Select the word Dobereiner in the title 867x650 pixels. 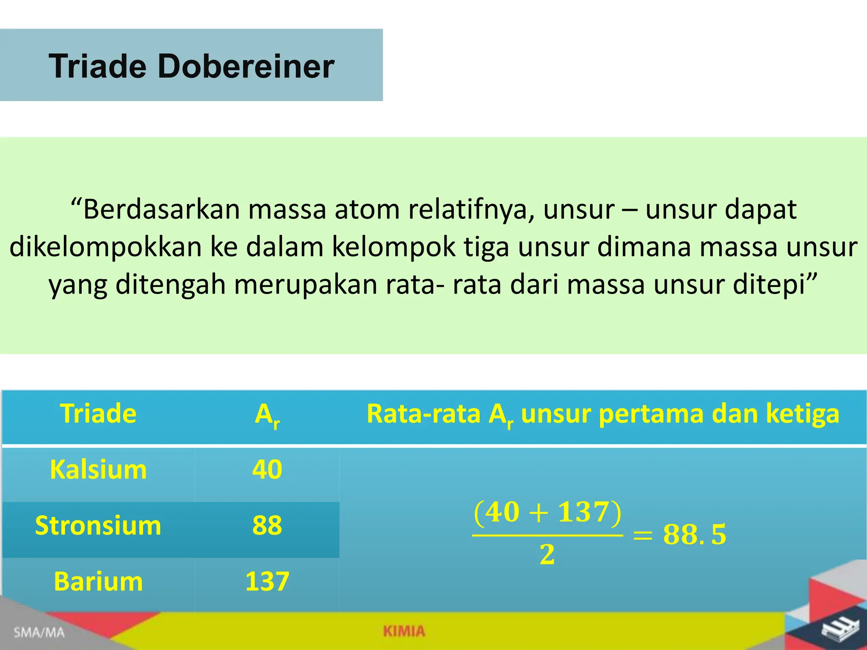[246, 66]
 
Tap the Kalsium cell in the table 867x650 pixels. [98, 470]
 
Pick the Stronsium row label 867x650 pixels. [98, 526]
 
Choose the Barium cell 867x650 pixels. [98, 581]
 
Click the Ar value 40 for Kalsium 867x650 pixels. [267, 470]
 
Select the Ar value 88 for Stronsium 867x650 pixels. [267, 526]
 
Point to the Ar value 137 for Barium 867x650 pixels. [267, 581]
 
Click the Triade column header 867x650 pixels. [98, 413]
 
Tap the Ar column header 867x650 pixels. [267, 415]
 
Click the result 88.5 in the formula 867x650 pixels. [694, 534]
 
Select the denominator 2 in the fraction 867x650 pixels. [547, 555]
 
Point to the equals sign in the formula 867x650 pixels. [643, 535]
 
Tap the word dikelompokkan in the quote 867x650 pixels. [105, 247]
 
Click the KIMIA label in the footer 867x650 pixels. [404, 631]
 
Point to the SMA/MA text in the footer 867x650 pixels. [39, 633]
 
